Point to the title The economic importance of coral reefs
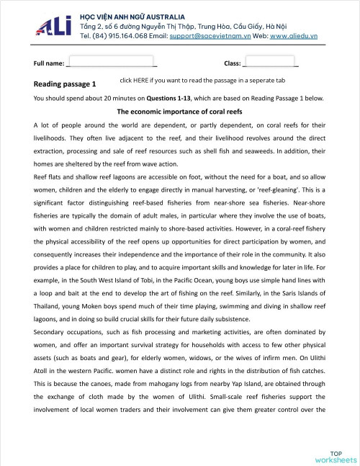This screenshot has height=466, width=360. (179, 112)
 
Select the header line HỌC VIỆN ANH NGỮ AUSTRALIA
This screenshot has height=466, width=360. (132, 16)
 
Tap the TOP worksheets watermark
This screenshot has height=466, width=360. (335, 456)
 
